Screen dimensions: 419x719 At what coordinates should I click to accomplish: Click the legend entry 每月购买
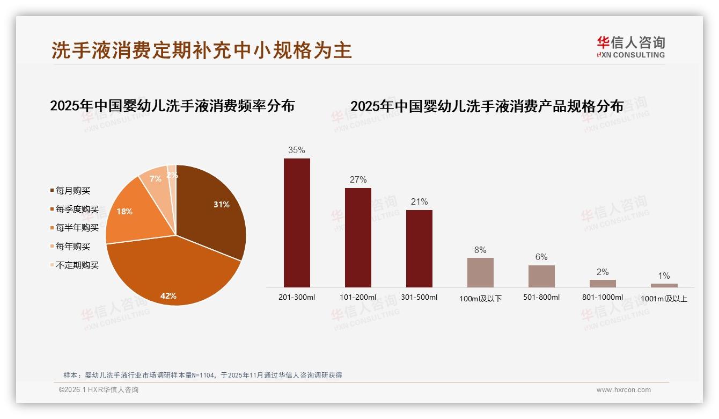click(72, 191)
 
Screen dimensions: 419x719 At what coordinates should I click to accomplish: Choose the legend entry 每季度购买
click(77, 209)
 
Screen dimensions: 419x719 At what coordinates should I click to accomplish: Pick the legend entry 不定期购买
click(77, 265)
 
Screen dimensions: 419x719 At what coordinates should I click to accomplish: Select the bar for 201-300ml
click(297, 223)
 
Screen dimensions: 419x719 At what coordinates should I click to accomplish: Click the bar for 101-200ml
click(358, 237)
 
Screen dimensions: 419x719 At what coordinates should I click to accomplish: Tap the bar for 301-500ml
click(419, 248)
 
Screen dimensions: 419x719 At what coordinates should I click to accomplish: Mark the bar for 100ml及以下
click(480, 272)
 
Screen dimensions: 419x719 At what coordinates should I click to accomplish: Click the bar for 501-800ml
click(541, 276)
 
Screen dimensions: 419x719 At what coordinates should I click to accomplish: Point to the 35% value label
click(297, 150)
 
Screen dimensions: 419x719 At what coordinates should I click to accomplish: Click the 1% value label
click(664, 276)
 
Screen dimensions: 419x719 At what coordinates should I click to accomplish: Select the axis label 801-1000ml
click(603, 298)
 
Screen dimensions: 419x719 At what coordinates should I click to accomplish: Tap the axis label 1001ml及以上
click(664, 299)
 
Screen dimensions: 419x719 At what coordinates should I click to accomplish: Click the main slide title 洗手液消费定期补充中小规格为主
click(202, 50)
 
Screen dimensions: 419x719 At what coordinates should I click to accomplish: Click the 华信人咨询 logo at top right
click(630, 47)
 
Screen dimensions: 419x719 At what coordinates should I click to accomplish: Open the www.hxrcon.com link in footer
click(623, 390)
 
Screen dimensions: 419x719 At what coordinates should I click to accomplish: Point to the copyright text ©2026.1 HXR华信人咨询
click(99, 390)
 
